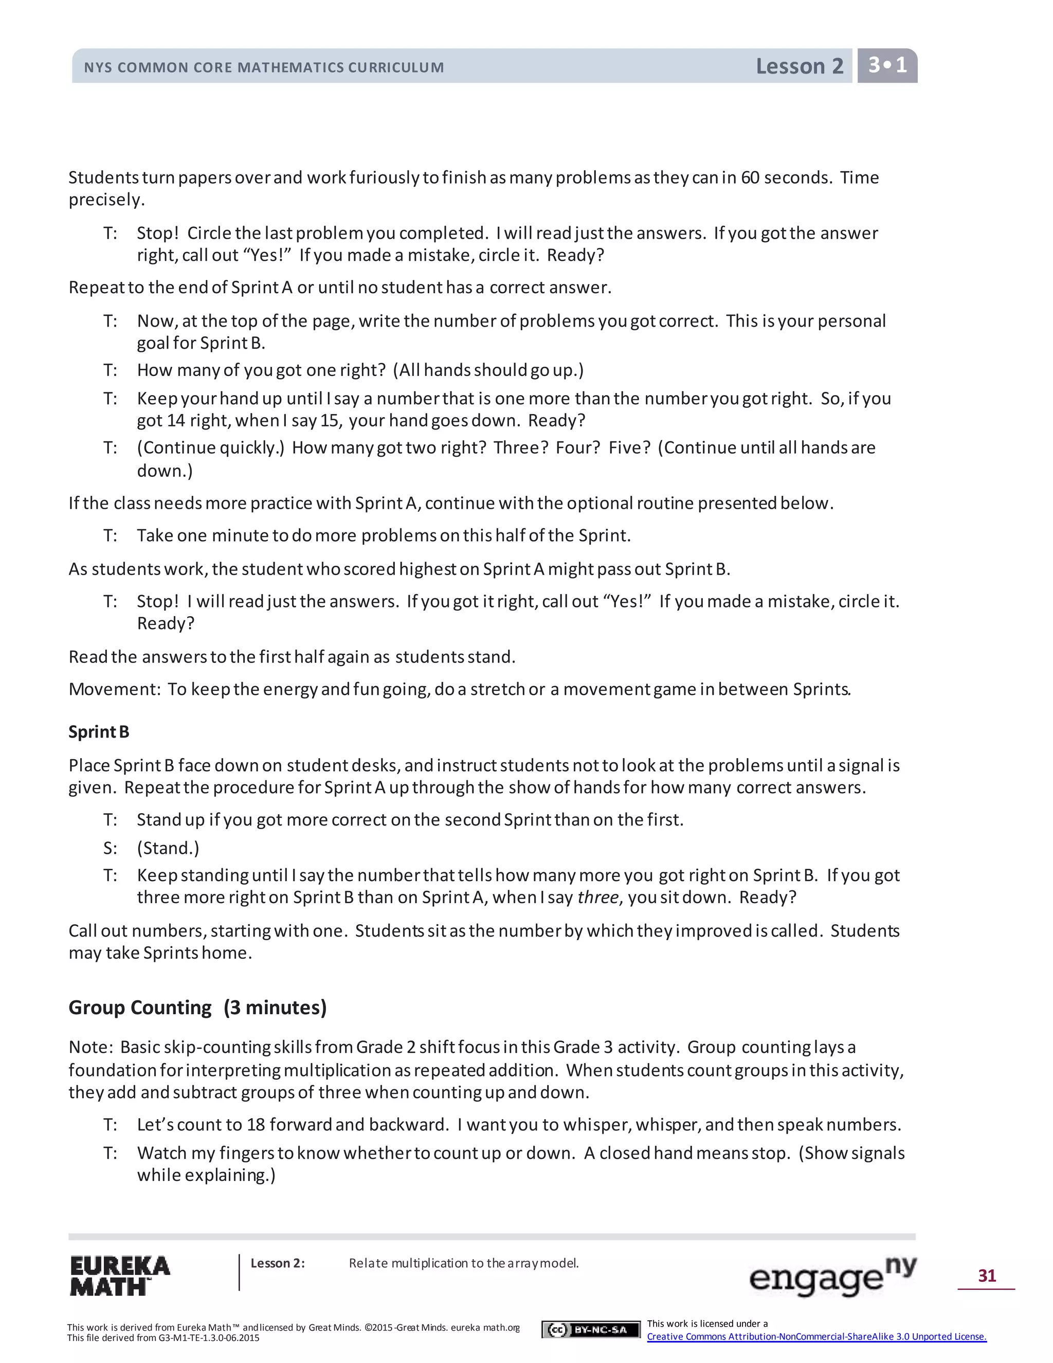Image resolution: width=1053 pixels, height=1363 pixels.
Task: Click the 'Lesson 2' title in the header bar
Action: [799, 66]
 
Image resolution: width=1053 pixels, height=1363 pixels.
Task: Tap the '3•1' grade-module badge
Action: [887, 65]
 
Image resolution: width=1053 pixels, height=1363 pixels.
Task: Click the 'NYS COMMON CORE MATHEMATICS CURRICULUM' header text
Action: [264, 67]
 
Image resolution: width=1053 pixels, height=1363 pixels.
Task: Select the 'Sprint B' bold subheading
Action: [99, 731]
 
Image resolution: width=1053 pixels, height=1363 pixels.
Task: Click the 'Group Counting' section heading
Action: [140, 1007]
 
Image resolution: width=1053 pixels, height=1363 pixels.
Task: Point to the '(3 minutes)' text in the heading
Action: [275, 1007]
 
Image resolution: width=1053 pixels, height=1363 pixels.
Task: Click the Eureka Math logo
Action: [119, 1276]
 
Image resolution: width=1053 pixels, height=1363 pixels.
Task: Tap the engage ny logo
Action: [832, 1276]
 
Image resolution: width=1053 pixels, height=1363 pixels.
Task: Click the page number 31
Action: [987, 1275]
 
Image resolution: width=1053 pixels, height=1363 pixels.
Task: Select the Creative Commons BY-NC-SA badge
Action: [591, 1329]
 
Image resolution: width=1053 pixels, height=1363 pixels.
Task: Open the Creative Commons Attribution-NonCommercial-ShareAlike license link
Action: [816, 1336]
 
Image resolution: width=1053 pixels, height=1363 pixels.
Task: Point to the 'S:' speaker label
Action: [110, 848]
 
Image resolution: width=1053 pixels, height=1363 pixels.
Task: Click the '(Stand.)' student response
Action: [168, 848]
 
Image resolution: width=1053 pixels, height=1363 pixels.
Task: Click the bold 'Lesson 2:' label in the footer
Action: [278, 1263]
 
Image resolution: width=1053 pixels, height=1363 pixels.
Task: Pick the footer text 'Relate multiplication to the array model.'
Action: [463, 1263]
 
